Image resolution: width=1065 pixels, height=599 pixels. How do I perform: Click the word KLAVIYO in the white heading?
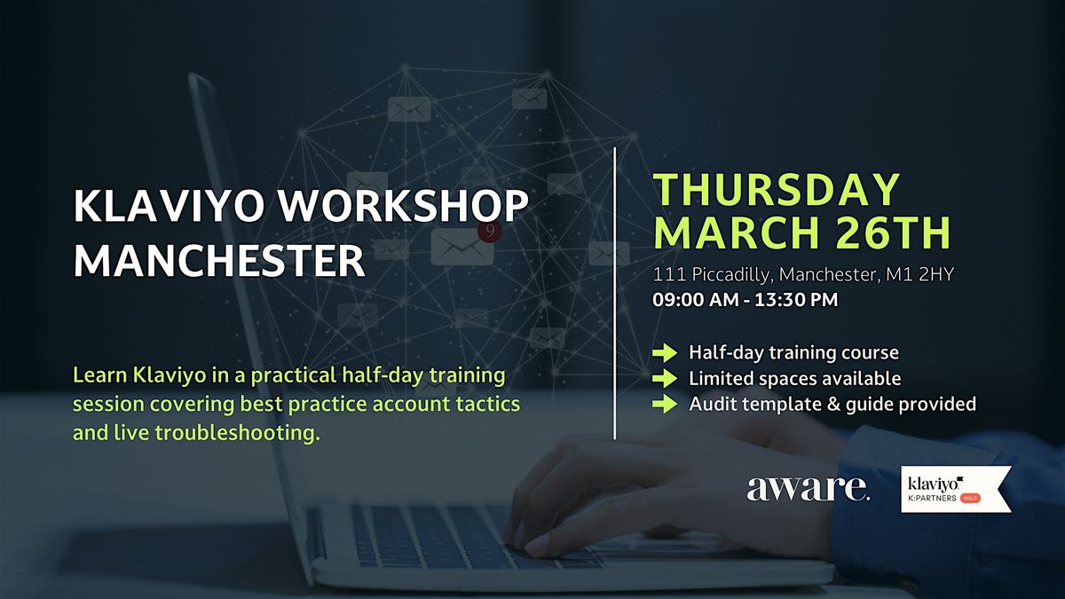tap(169, 206)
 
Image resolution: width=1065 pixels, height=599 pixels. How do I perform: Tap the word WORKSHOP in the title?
tap(404, 206)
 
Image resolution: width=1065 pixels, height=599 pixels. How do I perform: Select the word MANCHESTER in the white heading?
tap(219, 260)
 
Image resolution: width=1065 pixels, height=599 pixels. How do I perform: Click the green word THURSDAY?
tap(777, 190)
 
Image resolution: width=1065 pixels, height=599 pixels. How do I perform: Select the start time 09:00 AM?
tap(695, 300)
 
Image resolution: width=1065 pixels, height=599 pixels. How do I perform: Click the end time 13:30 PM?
tap(796, 300)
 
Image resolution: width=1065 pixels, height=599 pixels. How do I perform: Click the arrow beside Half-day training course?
tap(665, 353)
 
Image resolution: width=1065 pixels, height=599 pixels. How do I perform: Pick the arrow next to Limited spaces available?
tap(665, 378)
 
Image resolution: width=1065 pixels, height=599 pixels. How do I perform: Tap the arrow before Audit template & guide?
tap(665, 404)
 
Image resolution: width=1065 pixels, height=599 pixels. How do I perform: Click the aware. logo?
tap(808, 488)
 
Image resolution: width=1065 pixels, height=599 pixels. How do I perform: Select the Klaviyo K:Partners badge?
tap(956, 489)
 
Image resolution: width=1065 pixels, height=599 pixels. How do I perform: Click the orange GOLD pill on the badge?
tap(970, 498)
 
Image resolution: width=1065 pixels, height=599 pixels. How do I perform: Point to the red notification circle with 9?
tap(490, 231)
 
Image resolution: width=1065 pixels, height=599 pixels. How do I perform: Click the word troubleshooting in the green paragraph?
tap(237, 434)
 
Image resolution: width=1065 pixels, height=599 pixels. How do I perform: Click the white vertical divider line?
tap(614, 294)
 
